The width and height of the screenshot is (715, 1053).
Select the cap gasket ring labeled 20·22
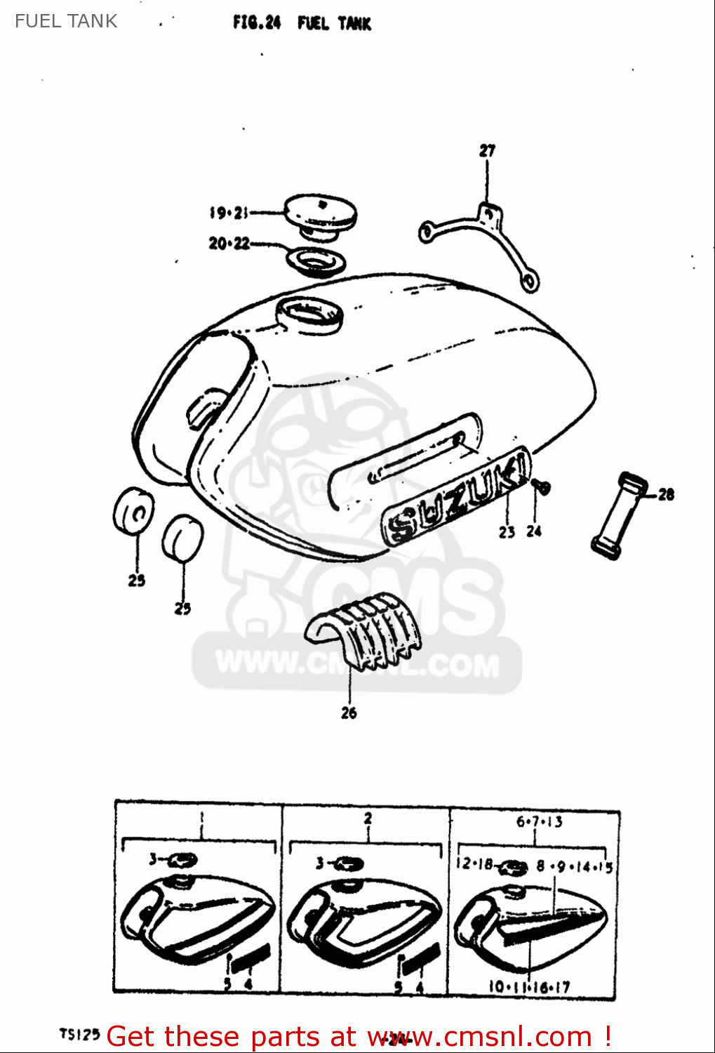coord(316,261)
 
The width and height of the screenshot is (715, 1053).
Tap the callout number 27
coord(487,150)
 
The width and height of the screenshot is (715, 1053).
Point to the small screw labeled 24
coord(541,485)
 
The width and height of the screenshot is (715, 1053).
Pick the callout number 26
coord(349,713)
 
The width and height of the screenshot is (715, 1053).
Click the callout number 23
coord(507,532)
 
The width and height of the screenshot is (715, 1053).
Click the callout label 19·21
coord(229,212)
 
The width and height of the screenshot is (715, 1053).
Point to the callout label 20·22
coord(229,244)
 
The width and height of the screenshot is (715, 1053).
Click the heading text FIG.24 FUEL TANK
coord(302,23)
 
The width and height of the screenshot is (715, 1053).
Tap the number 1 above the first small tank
coord(201,817)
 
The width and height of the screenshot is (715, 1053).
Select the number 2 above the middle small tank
coord(368,818)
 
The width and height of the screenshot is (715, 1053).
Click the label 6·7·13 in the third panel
coord(539,821)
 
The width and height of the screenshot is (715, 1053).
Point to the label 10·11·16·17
coord(530,987)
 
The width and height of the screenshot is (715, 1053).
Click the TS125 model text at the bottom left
coord(79,1034)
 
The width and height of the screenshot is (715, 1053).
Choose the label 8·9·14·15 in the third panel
coord(574,867)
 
